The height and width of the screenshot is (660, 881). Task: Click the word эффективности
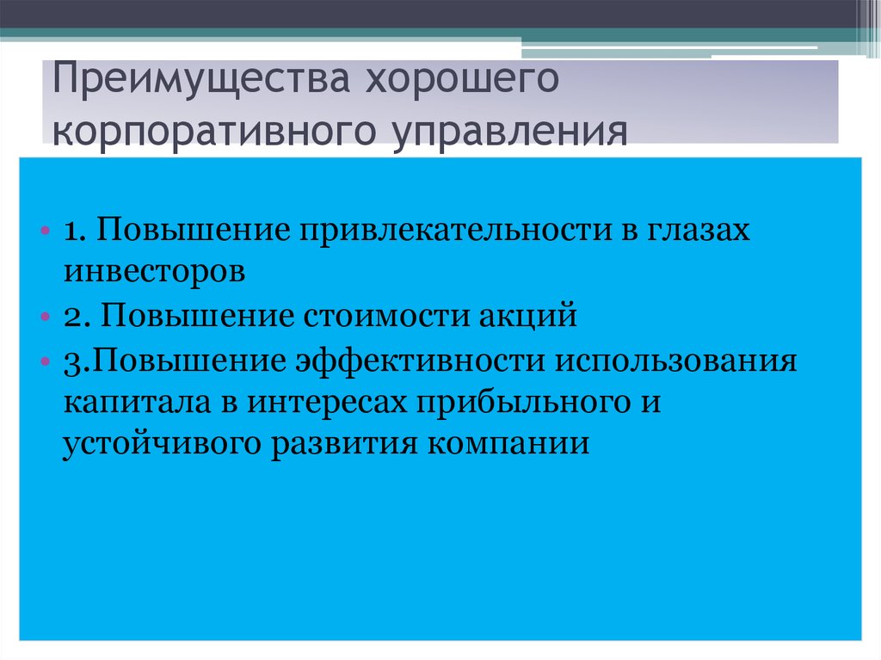[x=421, y=361]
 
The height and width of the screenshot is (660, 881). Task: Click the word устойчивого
[x=163, y=445]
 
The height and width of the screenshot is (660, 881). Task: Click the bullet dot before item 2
[x=44, y=318]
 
